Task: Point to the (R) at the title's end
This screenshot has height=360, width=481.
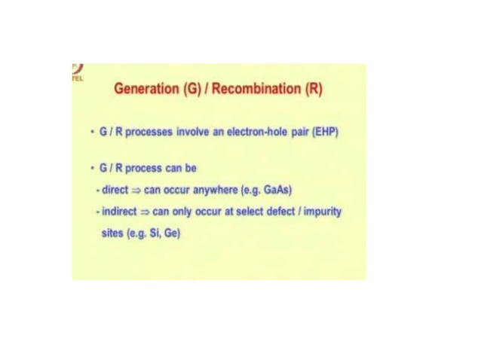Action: (x=313, y=89)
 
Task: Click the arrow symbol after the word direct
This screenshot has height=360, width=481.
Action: (x=136, y=191)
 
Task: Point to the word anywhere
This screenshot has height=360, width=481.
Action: (x=219, y=190)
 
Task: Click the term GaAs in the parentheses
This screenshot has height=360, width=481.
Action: (x=283, y=190)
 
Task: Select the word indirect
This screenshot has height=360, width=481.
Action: (x=120, y=212)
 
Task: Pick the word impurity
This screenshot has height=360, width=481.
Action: (x=321, y=212)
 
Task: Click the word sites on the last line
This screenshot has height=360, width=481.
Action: (x=111, y=233)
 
